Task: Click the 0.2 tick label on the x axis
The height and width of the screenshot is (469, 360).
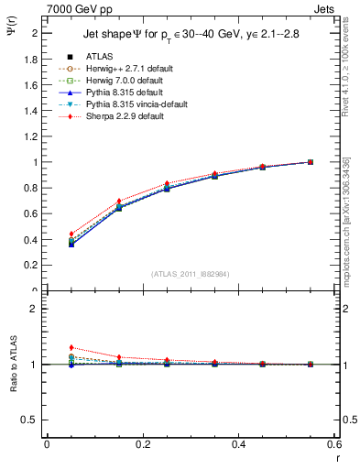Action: [142, 444]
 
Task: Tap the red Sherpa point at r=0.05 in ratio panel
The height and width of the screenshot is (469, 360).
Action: [71, 347]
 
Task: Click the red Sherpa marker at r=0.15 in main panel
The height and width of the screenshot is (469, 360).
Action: [118, 201]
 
